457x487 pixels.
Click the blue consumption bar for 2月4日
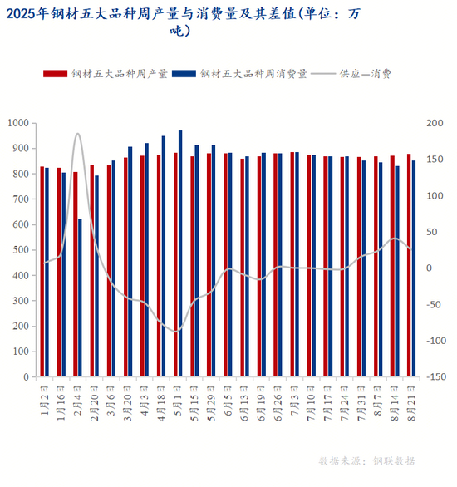80,298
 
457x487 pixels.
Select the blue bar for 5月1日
180,253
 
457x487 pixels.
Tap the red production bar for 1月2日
42,272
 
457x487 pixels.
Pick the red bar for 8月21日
409,265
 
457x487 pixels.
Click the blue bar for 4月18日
164,256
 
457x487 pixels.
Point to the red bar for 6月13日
242,268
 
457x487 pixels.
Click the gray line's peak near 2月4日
77,134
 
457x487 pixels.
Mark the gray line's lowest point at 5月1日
176,332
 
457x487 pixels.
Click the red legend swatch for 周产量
56,74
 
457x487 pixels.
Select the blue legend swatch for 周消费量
184,74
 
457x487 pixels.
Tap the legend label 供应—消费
365,74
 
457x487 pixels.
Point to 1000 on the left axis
18,123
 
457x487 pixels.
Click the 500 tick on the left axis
21,250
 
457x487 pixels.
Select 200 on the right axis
435,123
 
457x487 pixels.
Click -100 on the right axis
436,341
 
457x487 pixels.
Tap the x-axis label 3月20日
128,403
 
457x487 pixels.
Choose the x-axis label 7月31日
361,403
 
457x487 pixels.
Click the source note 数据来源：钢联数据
367,461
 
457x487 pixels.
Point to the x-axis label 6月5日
228,401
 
